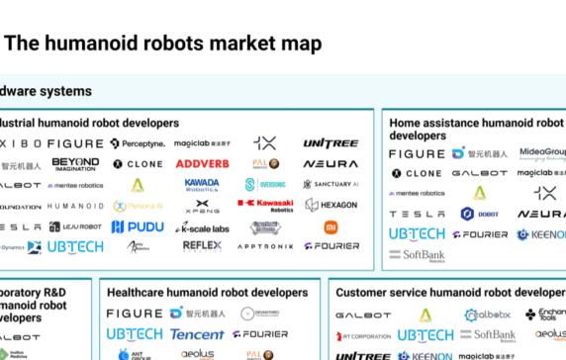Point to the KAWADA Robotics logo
pyautogui.click(x=201, y=184)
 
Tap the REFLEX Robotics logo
pyautogui.click(x=201, y=246)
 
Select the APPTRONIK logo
pyautogui.click(x=265, y=247)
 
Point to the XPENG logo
pyautogui.click(x=201, y=206)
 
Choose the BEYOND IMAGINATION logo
pyautogui.click(x=75, y=163)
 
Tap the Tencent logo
pyautogui.click(x=197, y=334)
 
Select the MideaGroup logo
pyautogui.click(x=542, y=153)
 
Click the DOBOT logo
pyautogui.click(x=480, y=214)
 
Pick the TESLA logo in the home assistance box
pyautogui.click(x=417, y=214)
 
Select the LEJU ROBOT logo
pyautogui.click(x=75, y=227)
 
